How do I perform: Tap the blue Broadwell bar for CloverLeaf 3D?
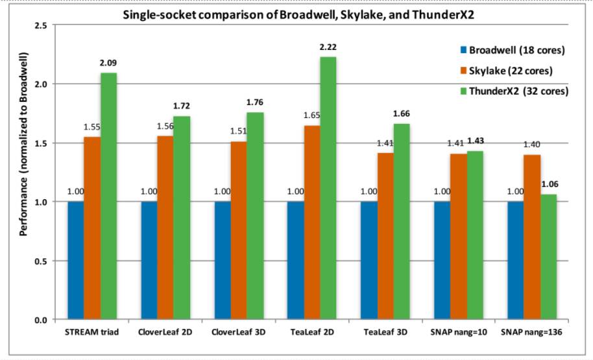tap(223, 260)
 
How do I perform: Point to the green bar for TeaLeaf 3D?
tap(402, 221)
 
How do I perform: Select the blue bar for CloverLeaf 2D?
tap(149, 260)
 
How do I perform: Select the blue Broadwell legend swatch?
tap(462, 50)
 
